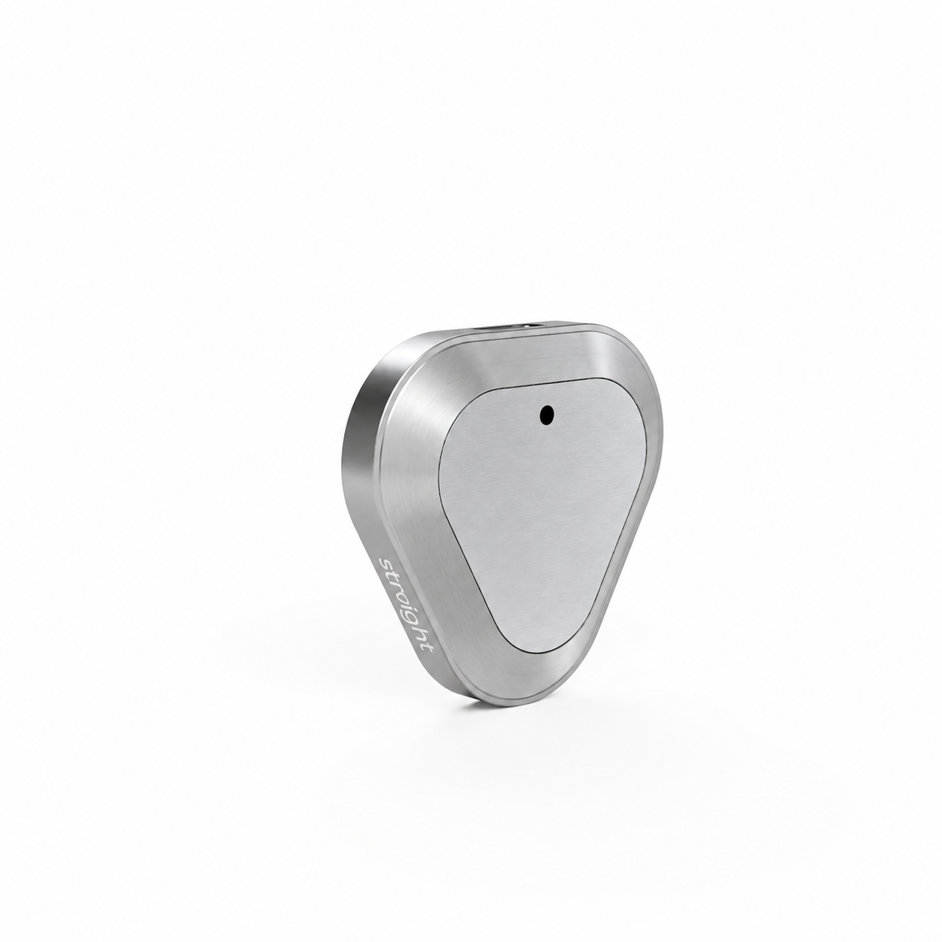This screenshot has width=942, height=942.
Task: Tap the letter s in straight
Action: click(x=386, y=563)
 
